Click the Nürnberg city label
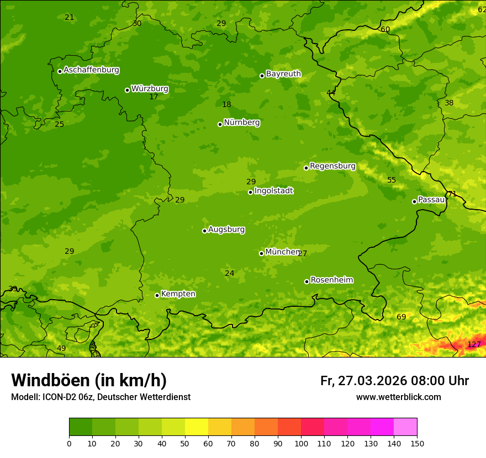(x=241, y=123)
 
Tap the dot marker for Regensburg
(x=306, y=168)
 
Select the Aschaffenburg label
(x=91, y=70)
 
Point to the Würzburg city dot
(x=127, y=90)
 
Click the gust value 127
(x=474, y=344)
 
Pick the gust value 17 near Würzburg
(x=154, y=97)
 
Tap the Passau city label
(x=431, y=200)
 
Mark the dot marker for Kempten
(x=157, y=295)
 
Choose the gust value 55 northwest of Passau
(x=392, y=180)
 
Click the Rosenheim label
(x=331, y=280)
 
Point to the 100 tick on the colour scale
(x=301, y=443)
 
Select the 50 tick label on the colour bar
(x=185, y=443)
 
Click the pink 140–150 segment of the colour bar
(x=405, y=427)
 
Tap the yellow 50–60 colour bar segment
(x=197, y=427)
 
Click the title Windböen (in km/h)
(x=89, y=380)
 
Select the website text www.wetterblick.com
(x=398, y=397)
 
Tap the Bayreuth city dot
(x=262, y=76)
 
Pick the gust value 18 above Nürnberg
(x=226, y=105)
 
